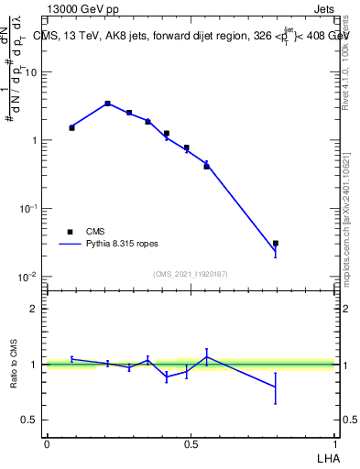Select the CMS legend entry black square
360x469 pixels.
coord(71,232)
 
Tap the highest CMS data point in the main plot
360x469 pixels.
coord(108,104)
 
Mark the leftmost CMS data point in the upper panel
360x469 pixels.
coord(71,127)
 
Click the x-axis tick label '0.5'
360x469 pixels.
coord(191,444)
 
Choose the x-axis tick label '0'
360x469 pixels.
coord(47,444)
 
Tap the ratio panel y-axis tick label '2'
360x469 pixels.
coord(33,309)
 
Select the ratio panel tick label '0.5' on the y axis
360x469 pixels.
coord(30,420)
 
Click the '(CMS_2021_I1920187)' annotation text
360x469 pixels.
coord(191,274)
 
